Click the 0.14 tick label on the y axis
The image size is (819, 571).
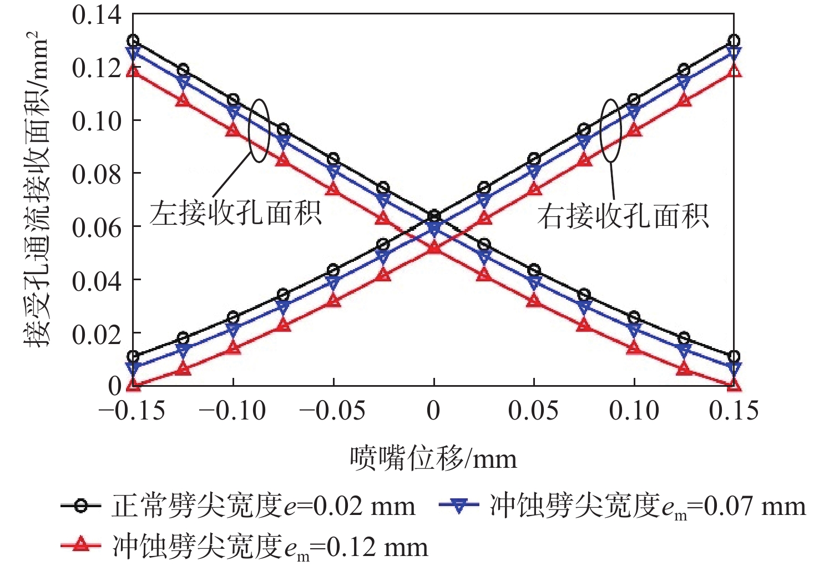coord(97,15)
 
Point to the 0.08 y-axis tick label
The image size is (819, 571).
coord(97,174)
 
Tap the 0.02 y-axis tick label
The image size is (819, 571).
coord(97,334)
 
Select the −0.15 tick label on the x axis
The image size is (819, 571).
coord(132,411)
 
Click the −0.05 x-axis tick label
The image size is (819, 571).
coord(332,411)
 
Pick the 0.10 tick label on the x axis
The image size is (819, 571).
coord(634,411)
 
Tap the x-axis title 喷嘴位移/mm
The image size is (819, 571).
coord(433,459)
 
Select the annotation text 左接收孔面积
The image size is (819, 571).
coord(235,213)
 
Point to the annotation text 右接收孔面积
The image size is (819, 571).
coord(623,216)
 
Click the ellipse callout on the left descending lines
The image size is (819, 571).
coord(259,130)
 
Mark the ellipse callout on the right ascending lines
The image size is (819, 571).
coord(610,130)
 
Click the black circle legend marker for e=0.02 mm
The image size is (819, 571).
coord(81,506)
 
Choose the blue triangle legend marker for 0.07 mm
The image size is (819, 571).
coord(459,506)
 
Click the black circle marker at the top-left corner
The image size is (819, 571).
coord(133,41)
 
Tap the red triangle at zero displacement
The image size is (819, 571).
coord(434,247)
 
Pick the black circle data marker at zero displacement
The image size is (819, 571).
coord(434,215)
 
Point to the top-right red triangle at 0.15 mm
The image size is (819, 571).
coord(734,71)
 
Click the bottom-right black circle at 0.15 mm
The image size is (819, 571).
coord(734,356)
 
